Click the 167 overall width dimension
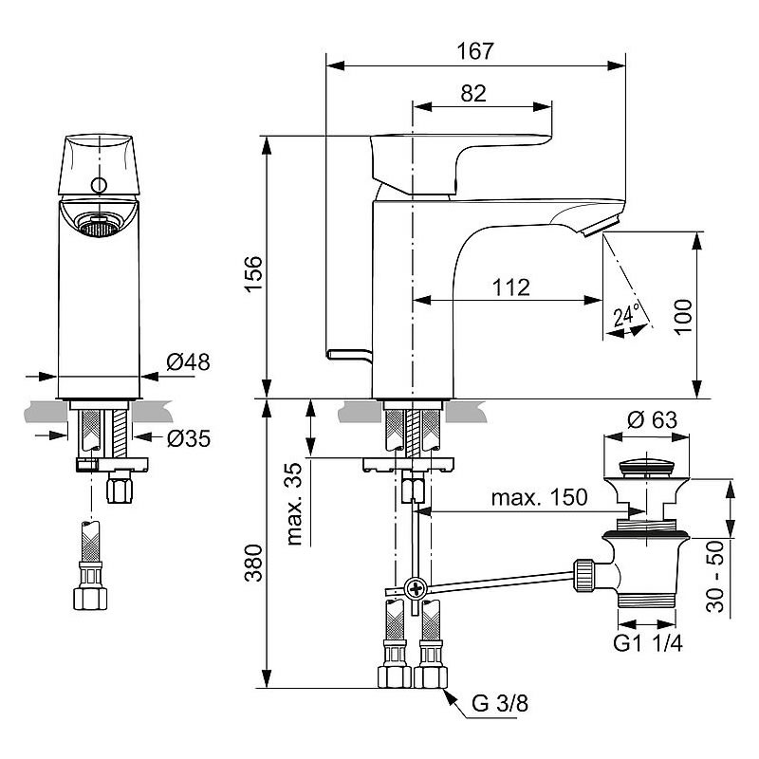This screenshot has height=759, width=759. point(475,51)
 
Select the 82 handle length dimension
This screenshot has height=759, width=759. point(472,93)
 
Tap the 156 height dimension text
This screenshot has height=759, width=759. point(253,273)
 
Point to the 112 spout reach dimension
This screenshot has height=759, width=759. point(511,287)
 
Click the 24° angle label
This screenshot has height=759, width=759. point(626,316)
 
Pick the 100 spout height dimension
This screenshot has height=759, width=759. point(683,316)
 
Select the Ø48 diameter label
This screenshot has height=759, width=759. point(188,361)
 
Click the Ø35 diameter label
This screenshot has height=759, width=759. point(189,438)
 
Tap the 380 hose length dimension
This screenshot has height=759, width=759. point(253,563)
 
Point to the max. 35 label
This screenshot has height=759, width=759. point(294,504)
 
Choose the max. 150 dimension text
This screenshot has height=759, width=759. point(539,497)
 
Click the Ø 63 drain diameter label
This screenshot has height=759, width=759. point(652,420)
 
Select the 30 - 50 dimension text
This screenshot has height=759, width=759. point(715,577)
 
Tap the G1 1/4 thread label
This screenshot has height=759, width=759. point(648,643)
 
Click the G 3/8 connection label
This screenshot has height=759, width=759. point(500,703)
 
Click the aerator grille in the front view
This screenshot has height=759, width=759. point(99,227)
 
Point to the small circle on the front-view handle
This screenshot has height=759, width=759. point(99,185)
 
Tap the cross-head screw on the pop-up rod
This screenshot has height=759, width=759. point(416,589)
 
